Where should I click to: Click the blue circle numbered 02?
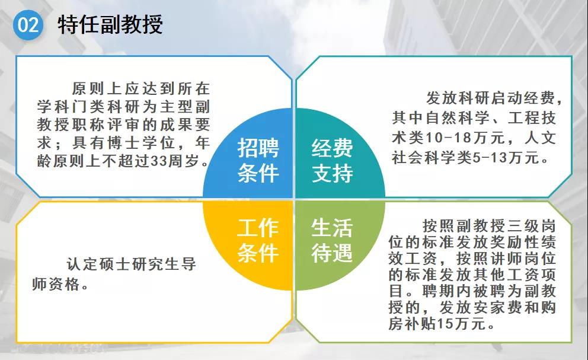[28, 25]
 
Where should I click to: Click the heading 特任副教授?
[110, 25]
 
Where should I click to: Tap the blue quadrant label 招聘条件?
[258, 160]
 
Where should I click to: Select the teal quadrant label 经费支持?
[332, 160]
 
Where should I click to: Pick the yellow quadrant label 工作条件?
[258, 240]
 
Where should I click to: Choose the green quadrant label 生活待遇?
[332, 240]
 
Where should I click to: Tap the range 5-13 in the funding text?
[490, 158]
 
